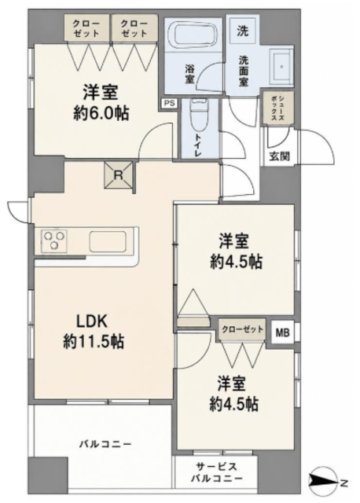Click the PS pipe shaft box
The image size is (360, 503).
coord(169,103)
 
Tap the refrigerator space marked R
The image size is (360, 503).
coord(119,175)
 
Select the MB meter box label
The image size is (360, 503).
coord(282,332)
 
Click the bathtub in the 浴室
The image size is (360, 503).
coord(193,33)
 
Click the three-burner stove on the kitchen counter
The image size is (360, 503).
coord(53,240)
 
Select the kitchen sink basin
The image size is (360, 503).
coord(107,241)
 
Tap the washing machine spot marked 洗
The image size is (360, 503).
coord(243,31)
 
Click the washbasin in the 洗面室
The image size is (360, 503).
coord(281,68)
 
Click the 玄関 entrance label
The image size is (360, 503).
coord(279,156)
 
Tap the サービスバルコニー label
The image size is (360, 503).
coord(217,472)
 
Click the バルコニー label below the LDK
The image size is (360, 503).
coord(105,444)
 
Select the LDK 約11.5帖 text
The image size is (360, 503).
coord(94,331)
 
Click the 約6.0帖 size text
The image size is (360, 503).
coord(101,113)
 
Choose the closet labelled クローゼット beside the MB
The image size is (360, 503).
coord(242,329)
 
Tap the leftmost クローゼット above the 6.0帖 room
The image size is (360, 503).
coord(86,28)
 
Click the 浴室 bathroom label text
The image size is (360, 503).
coord(189,74)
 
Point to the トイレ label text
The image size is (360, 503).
coord(197,145)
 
